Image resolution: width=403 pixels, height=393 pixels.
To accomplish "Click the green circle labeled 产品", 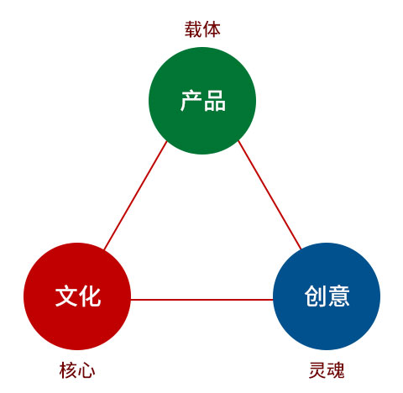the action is click(202, 101).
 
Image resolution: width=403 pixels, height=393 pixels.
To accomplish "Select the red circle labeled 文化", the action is click(77, 296).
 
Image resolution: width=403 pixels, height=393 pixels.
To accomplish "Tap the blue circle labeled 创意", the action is click(327, 296).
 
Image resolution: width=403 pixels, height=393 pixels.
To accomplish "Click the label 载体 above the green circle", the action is click(202, 29).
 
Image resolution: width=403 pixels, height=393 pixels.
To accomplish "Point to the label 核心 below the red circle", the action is click(77, 370).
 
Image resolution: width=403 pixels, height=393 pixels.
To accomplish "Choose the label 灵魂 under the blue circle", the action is click(327, 370).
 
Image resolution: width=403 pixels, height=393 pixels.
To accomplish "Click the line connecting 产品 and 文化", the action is click(135, 196).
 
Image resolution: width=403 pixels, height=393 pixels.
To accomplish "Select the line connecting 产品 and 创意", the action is click(270, 195).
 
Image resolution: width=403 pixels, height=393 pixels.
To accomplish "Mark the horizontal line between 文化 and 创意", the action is click(202, 300).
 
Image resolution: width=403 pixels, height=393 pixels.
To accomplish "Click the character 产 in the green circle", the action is click(191, 101).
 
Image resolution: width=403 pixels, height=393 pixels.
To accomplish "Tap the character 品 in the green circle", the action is click(215, 101).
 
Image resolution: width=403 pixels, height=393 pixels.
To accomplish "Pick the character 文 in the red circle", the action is click(66, 296).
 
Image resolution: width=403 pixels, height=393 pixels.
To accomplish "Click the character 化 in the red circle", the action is click(90, 296).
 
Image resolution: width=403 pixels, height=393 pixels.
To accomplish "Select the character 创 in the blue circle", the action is click(316, 296).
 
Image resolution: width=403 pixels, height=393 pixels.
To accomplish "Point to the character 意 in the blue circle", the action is click(338, 296).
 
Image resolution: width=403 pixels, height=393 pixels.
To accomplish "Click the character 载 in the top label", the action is click(193, 29).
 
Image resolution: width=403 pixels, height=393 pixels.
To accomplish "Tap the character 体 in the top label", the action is click(212, 29).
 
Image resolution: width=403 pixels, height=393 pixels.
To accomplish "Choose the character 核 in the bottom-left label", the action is click(68, 370).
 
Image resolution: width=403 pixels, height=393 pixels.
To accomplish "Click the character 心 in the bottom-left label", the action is click(86, 370).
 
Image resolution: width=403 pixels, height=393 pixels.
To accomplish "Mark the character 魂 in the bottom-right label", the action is click(336, 370).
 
